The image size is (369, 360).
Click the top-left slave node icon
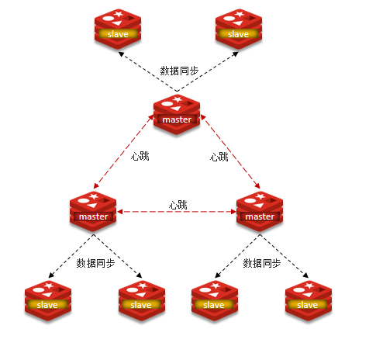[118, 29]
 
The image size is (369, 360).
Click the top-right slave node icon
[238, 29]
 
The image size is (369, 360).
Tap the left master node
[93, 210]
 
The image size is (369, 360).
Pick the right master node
[260, 210]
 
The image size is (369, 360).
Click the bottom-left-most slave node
[47, 299]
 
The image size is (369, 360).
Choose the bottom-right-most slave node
[308, 299]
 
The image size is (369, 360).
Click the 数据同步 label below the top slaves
[179, 71]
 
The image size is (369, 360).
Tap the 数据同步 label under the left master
[95, 263]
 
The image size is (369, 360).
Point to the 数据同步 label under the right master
[262, 263]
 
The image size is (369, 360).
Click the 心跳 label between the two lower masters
[178, 205]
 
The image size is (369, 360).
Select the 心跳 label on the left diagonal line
[140, 157]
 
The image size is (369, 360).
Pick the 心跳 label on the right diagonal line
[219, 157]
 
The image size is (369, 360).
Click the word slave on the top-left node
[118, 35]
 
